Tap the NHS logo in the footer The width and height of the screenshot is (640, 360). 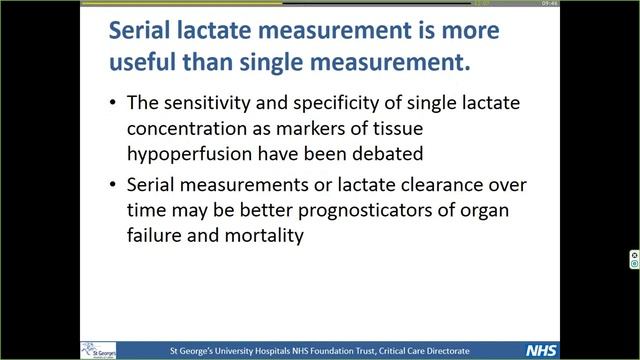coord(541,351)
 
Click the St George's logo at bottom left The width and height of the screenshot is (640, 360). coord(98,350)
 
